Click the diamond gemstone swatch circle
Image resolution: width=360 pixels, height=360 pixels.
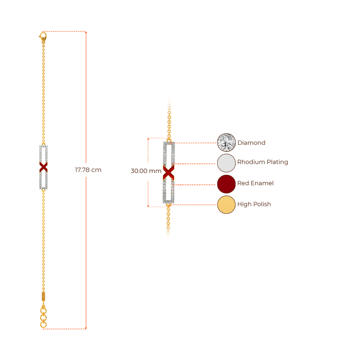tap(226, 142)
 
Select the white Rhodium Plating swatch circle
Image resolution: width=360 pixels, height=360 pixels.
tap(226, 163)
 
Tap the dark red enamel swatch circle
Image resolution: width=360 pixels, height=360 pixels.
tap(226, 184)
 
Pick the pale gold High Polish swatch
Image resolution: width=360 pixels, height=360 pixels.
tap(226, 205)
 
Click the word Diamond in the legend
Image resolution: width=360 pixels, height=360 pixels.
tap(251, 143)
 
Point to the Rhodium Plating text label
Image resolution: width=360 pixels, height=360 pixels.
tap(263, 162)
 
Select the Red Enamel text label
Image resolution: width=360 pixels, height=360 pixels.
tap(256, 183)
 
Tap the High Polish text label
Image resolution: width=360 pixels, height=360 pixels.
tap(254, 204)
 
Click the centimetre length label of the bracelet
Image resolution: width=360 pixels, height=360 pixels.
tap(88, 170)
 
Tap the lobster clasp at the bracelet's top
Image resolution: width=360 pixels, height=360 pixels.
tap(43, 36)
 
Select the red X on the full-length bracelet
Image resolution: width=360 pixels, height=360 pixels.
tap(44, 167)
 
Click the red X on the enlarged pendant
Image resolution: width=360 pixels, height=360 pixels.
tap(169, 172)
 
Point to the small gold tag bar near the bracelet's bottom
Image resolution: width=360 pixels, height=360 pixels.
tap(43, 296)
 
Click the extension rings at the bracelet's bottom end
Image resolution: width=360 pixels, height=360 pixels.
tap(43, 316)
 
